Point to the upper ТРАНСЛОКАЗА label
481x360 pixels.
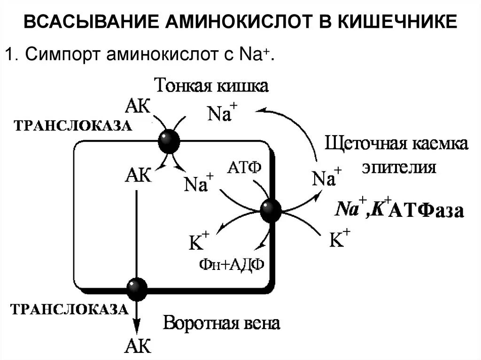click(x=72, y=126)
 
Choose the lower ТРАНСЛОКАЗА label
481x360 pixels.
click(x=69, y=309)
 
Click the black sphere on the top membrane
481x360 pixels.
click(x=169, y=141)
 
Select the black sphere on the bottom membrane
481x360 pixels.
click(x=137, y=287)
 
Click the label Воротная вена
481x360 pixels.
click(x=221, y=323)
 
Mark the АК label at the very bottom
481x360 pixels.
click(x=137, y=347)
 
